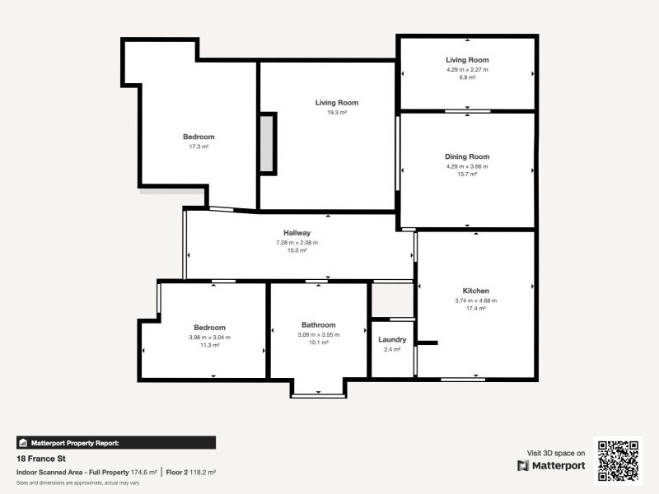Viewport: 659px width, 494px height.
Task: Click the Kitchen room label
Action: (476, 291)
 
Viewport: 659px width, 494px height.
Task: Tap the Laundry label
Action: (392, 339)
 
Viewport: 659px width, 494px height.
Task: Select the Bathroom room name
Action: (318, 325)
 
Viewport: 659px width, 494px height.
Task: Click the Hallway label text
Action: (297, 233)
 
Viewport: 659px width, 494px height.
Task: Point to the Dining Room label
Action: (467, 156)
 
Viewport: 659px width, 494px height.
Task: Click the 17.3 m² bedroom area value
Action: (199, 147)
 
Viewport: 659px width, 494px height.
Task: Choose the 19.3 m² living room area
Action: (336, 112)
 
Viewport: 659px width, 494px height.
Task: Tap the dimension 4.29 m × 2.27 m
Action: (467, 69)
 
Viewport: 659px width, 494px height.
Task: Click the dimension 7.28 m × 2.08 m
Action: (297, 242)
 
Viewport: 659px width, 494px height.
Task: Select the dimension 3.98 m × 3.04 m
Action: (209, 336)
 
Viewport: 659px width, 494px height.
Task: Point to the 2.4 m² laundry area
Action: (392, 349)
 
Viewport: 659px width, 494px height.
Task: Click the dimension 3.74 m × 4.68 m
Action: (476, 301)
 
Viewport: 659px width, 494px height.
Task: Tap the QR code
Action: (618, 459)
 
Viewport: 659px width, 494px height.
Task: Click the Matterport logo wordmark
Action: (551, 465)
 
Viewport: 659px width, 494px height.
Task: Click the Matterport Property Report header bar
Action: (115, 442)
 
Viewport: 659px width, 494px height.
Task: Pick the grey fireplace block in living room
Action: (267, 143)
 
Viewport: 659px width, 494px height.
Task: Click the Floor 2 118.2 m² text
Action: (190, 472)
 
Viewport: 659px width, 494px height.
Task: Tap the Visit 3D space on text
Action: (556, 452)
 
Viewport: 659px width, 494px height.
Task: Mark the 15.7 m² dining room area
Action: (467, 175)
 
